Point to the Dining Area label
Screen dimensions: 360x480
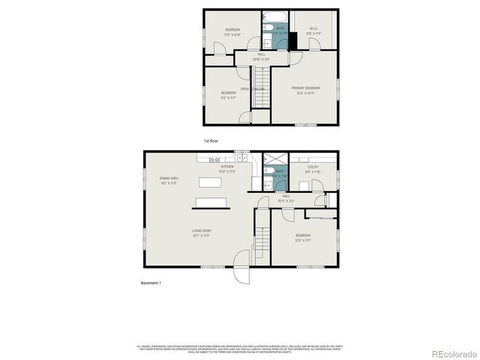point(168,180)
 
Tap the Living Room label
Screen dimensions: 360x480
point(201,232)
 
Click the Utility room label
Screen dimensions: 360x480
point(313,170)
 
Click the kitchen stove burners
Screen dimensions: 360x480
point(214,159)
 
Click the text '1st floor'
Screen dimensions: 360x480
point(211,141)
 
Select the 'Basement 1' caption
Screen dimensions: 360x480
point(151,283)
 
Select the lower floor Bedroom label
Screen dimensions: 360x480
point(303,238)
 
